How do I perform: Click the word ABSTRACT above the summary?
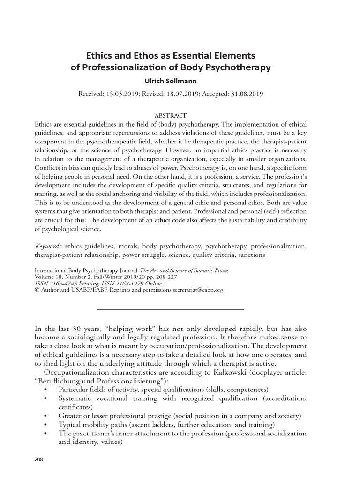pyautogui.click(x=171, y=115)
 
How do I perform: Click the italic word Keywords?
pyautogui.click(x=49, y=246)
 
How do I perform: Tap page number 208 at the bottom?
pyautogui.click(x=39, y=459)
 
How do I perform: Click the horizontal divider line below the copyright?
pyautogui.click(x=170, y=309)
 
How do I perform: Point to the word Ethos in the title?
pyautogui.click(x=131, y=56)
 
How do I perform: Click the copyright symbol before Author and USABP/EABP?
pyautogui.click(x=37, y=290)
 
